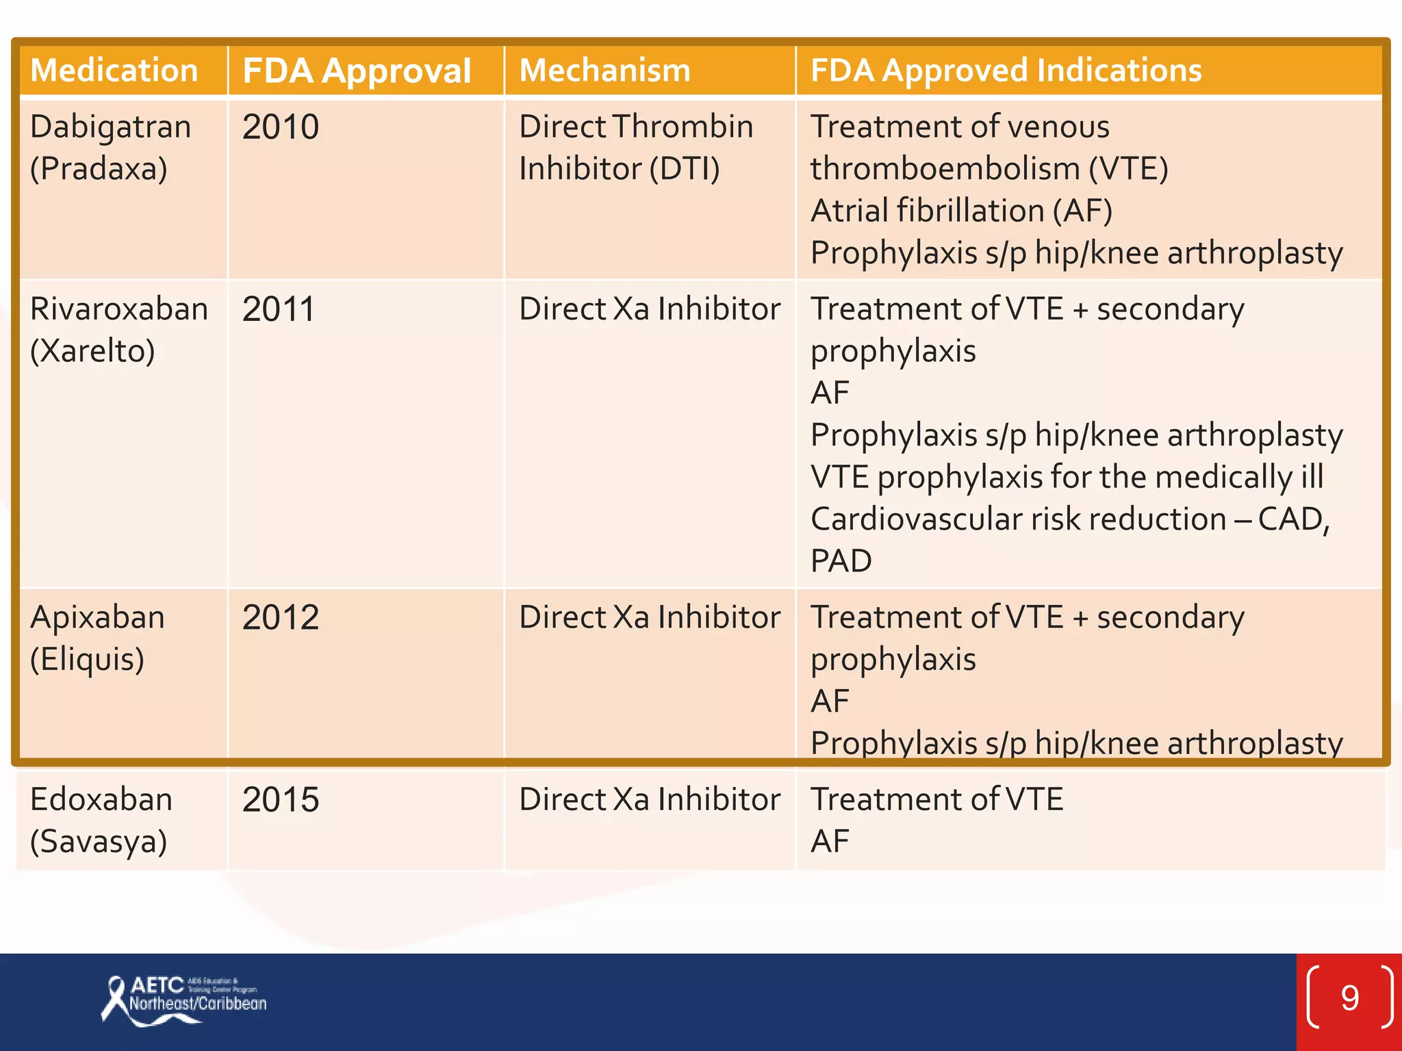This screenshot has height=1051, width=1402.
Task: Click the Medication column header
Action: [114, 70]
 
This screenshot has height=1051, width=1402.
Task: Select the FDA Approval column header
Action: [357, 70]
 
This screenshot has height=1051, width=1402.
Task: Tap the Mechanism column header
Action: [605, 70]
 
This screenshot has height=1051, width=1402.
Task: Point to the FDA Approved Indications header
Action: [1006, 70]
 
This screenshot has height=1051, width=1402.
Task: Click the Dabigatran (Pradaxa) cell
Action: [110, 148]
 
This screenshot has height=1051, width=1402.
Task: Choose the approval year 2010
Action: [281, 127]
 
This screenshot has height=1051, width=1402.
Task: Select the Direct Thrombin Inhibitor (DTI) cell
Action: [635, 148]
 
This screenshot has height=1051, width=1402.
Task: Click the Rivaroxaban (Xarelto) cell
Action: [118, 330]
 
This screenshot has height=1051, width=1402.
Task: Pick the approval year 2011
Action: [279, 309]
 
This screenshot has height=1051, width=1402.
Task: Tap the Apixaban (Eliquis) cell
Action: [97, 638]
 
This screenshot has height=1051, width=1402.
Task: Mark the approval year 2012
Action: [281, 618]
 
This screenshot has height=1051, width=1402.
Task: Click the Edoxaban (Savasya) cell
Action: [101, 820]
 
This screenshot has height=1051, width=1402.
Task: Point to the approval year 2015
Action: [281, 800]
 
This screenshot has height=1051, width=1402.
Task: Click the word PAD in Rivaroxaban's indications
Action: [841, 561]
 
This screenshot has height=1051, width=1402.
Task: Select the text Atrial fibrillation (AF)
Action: [961, 211]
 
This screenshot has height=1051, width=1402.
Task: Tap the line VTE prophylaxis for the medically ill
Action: [1067, 477]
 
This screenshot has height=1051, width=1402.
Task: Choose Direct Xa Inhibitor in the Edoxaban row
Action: [649, 800]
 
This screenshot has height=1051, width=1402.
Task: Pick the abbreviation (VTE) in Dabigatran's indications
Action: [1128, 169]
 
